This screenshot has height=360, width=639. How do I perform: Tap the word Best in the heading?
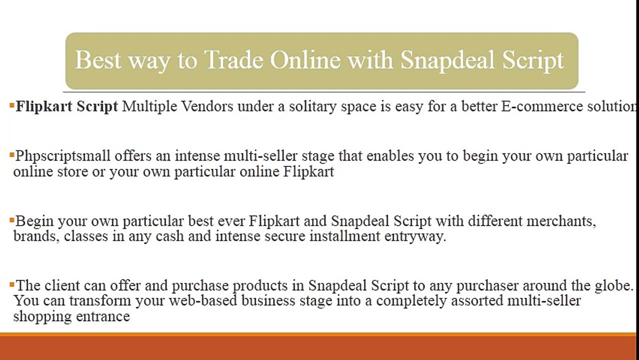[x=98, y=60]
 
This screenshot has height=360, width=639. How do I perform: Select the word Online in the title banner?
[x=305, y=60]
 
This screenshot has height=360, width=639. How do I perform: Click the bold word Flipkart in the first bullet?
[x=41, y=106]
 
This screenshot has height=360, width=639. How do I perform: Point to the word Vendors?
[x=206, y=106]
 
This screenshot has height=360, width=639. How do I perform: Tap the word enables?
[x=390, y=156]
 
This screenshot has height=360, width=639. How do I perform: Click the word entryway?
[x=414, y=236]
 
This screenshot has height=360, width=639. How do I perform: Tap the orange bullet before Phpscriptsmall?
[x=11, y=155]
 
